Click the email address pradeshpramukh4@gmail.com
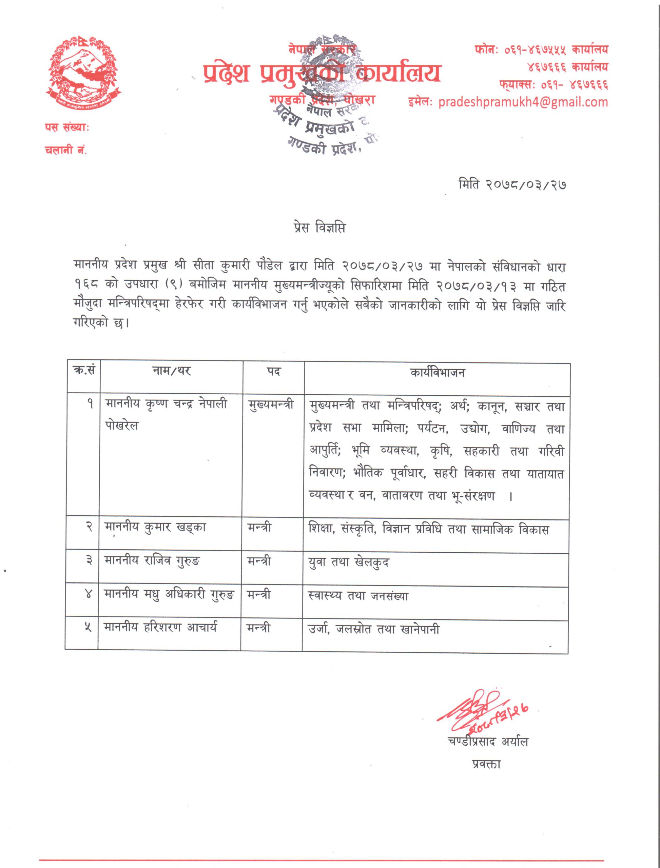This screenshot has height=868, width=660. click(x=523, y=102)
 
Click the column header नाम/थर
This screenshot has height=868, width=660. click(x=171, y=371)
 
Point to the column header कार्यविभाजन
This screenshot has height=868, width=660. click(x=437, y=372)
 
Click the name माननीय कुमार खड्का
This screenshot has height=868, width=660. click(x=155, y=528)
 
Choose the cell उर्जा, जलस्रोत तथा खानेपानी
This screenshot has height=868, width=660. click(x=374, y=630)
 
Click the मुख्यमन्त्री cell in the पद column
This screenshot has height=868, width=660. click(x=271, y=405)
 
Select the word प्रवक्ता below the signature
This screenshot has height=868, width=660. click(x=486, y=764)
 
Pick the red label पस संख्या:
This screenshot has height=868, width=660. click(x=67, y=127)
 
